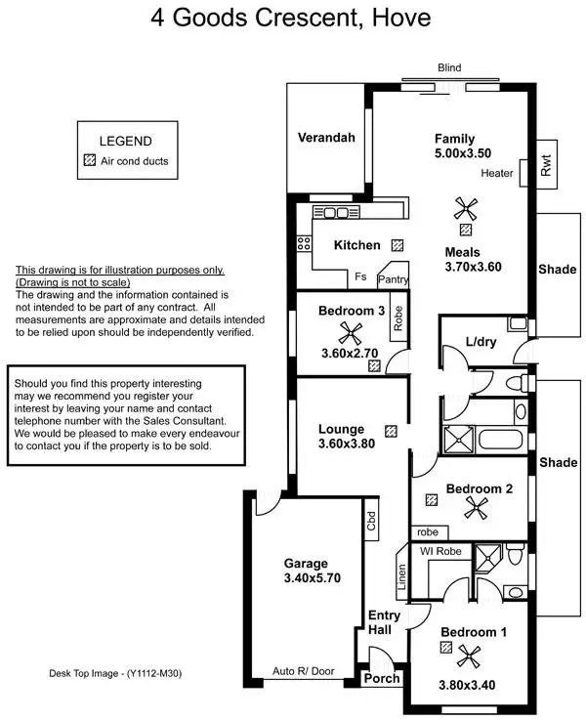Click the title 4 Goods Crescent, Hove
(290, 18)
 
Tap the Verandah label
(326, 138)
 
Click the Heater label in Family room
(497, 174)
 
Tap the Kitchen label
(356, 245)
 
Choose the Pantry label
(394, 279)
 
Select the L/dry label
(481, 342)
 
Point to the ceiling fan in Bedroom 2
(477, 505)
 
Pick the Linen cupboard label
(400, 578)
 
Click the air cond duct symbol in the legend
(91, 160)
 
